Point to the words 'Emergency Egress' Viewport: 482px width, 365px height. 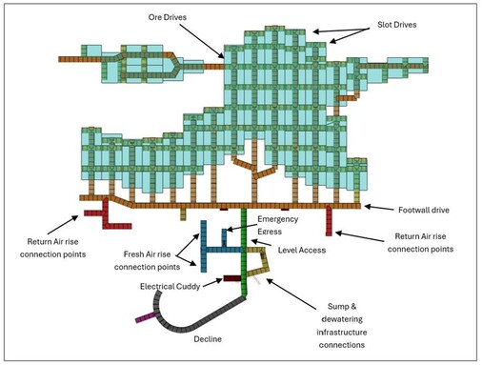276,226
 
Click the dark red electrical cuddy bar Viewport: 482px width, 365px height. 233,278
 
